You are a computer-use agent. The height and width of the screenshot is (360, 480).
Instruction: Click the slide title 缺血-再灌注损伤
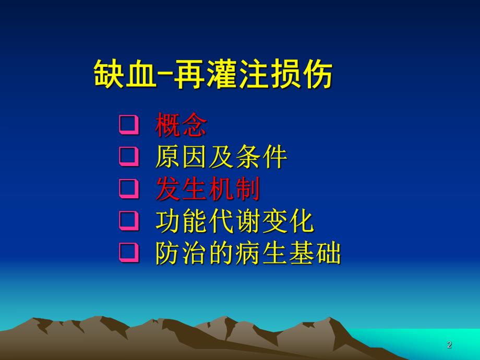[x=213, y=75]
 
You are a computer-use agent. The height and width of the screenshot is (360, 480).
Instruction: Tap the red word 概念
[x=181, y=125]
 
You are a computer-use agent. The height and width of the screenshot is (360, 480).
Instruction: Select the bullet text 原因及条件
[x=221, y=157]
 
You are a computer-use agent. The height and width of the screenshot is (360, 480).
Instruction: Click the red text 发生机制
[x=208, y=190]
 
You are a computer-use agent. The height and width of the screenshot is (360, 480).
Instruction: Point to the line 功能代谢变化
[x=234, y=222]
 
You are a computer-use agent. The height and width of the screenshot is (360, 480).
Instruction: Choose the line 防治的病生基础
[x=248, y=254]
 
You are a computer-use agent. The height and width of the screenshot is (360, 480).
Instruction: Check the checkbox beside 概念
[x=128, y=125]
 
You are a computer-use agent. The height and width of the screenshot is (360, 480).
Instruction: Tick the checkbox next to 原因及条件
[x=128, y=157]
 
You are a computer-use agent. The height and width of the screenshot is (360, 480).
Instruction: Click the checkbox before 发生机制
[x=128, y=189]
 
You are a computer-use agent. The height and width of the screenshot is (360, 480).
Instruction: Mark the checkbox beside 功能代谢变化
[x=128, y=222]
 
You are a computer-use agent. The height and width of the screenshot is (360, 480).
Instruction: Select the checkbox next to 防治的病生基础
[x=128, y=254]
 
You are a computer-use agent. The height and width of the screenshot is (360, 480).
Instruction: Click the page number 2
[x=449, y=345]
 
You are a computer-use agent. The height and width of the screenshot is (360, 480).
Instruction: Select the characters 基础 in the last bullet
[x=315, y=254]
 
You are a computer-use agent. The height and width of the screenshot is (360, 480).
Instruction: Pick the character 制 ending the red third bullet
[x=247, y=190]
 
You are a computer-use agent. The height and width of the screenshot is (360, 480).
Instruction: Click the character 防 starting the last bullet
[x=168, y=254]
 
